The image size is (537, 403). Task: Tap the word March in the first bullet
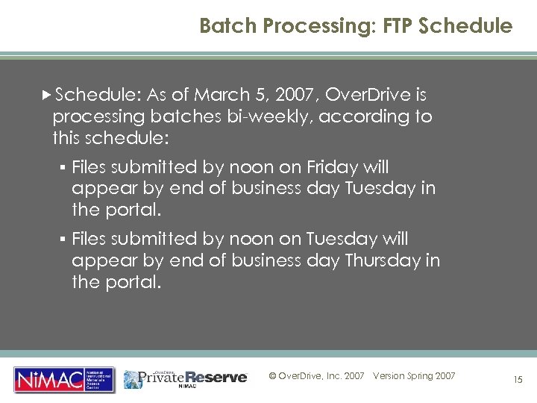click(213, 96)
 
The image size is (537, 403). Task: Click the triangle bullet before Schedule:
click(48, 96)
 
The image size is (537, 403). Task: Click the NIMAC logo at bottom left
click(64, 379)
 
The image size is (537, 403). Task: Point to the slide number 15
click(517, 380)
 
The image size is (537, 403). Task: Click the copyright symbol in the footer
click(272, 376)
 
